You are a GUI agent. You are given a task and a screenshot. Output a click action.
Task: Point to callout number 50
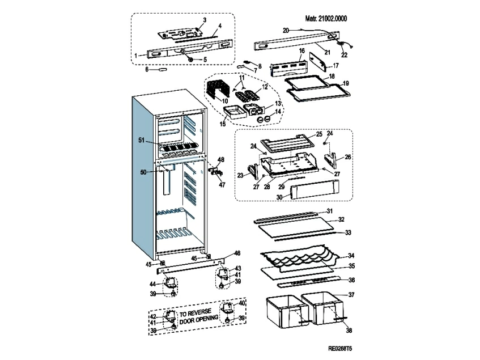[x=143, y=171]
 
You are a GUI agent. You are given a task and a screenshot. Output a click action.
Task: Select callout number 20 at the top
[x=285, y=29]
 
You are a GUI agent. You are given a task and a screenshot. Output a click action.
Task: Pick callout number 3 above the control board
[x=205, y=20]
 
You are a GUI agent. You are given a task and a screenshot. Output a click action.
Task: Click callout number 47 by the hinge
[x=222, y=184]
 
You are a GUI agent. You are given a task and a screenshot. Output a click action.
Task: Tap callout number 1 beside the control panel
[x=136, y=55]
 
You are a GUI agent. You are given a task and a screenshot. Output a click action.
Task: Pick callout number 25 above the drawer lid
[x=319, y=134]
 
